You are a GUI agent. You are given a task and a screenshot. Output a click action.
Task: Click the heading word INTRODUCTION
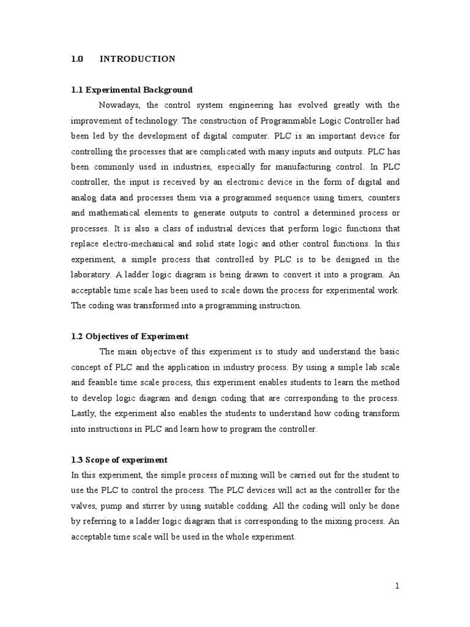click(x=137, y=59)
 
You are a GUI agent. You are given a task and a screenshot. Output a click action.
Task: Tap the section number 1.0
click(x=77, y=59)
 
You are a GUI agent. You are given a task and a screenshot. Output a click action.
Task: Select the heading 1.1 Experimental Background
click(x=132, y=89)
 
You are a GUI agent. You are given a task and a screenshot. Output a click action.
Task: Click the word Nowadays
click(x=119, y=105)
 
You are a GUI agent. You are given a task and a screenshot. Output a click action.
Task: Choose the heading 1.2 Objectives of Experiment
click(x=130, y=336)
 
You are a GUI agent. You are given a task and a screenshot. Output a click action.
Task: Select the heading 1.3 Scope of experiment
click(x=119, y=460)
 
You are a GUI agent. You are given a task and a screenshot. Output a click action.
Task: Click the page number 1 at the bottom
click(x=397, y=586)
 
